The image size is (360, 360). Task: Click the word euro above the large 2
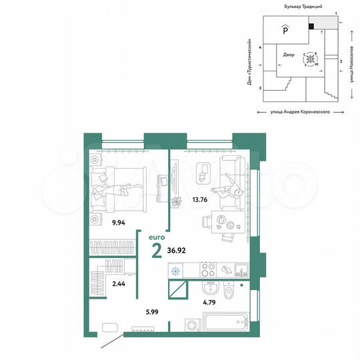[156, 236]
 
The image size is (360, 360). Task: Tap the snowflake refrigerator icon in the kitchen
[176, 271]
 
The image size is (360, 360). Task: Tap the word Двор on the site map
[288, 56]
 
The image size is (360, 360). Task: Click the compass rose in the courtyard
[311, 60]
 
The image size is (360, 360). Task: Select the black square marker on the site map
[311, 27]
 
